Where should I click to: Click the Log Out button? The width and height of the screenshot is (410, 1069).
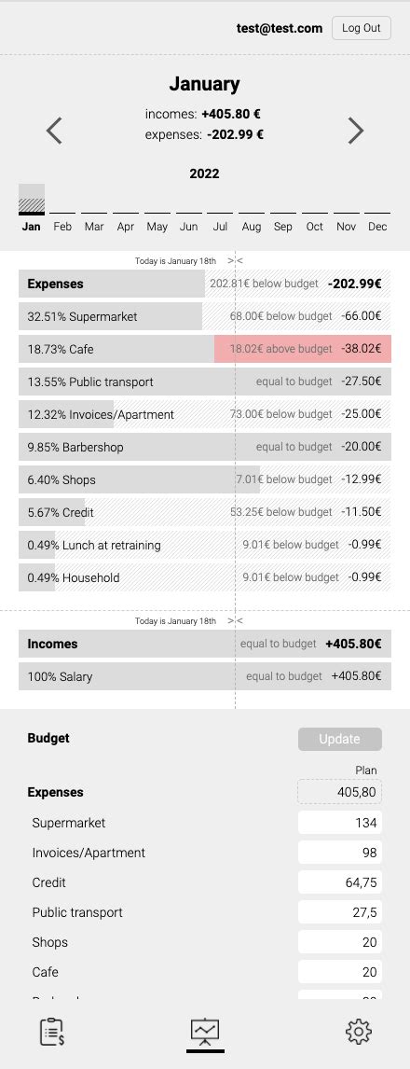pyautogui.click(x=361, y=28)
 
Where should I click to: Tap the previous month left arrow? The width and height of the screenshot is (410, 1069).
pyautogui.click(x=54, y=131)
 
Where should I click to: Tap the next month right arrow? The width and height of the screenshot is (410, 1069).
pyautogui.click(x=355, y=131)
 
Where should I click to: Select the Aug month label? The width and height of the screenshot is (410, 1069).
pyautogui.click(x=252, y=227)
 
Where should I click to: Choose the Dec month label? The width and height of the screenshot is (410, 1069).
pyautogui.click(x=377, y=227)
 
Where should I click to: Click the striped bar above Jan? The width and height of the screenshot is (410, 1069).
pyautogui.click(x=32, y=199)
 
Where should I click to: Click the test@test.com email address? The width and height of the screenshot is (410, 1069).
pyautogui.click(x=280, y=28)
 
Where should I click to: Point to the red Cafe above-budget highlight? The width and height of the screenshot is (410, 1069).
pyautogui.click(x=303, y=349)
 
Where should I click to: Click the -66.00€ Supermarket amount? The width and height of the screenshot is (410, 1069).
pyautogui.click(x=361, y=316)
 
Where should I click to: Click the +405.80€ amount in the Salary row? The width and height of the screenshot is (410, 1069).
pyautogui.click(x=356, y=676)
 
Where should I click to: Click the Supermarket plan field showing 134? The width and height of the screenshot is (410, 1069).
pyautogui.click(x=339, y=823)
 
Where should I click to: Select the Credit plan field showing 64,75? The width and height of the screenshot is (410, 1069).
pyautogui.click(x=339, y=882)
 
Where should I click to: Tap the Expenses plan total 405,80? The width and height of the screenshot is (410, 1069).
pyautogui.click(x=339, y=792)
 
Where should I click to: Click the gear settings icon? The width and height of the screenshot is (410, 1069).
pyautogui.click(x=359, y=1031)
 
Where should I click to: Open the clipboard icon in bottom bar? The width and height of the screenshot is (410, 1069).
pyautogui.click(x=52, y=1032)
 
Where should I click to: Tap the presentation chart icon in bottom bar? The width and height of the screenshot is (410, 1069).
pyautogui.click(x=205, y=1031)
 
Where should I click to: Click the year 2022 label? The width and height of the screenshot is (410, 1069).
pyautogui.click(x=204, y=174)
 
